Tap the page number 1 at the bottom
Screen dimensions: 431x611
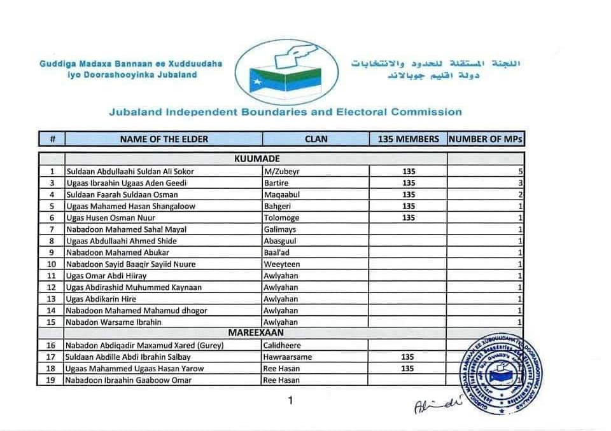coord(290,400)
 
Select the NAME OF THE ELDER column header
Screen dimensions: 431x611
coord(164,139)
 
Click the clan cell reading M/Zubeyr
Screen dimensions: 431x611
coord(282,172)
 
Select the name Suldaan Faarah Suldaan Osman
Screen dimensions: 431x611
coord(122,195)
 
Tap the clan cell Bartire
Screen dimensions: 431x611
coord(276,183)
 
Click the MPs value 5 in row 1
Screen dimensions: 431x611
coord(521,172)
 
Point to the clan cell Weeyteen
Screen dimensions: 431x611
coord(281,264)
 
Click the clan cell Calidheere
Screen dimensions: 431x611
coord(283,345)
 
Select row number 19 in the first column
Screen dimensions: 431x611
coord(52,380)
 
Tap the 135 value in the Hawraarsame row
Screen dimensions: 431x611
coord(408,357)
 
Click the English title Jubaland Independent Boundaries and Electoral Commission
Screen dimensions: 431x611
coord(285,112)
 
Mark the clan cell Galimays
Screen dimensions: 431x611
coord(280,229)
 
